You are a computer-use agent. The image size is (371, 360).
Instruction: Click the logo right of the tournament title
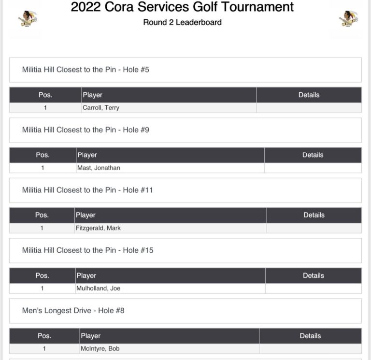[348, 18]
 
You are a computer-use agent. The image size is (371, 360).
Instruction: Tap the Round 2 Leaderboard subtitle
[182, 22]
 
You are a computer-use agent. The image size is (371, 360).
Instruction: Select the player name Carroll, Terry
[101, 108]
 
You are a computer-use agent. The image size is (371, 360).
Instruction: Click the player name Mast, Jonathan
[99, 168]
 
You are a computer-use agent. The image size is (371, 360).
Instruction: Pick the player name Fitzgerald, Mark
[98, 228]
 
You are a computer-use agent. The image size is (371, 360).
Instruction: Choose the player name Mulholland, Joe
[98, 288]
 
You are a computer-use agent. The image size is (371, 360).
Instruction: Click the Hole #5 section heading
[86, 70]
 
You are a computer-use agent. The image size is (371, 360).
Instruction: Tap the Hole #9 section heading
[86, 130]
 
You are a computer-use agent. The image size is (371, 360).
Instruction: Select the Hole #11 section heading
[87, 190]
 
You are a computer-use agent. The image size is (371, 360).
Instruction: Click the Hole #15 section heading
[87, 250]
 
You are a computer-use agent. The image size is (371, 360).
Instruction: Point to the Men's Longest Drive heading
[73, 311]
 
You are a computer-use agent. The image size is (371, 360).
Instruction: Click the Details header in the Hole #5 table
[309, 95]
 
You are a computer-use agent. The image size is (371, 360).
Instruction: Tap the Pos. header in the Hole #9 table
[43, 155]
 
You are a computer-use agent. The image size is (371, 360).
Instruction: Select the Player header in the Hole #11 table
[86, 215]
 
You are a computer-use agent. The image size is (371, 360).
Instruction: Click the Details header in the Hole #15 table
[313, 275]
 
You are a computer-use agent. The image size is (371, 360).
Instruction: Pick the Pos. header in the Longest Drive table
[44, 336]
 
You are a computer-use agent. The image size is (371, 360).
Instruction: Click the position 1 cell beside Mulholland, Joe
[42, 288]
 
